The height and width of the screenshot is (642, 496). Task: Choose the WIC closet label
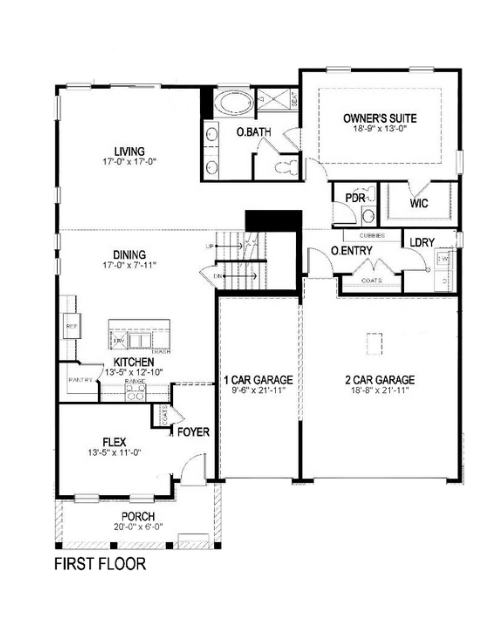pyautogui.click(x=419, y=203)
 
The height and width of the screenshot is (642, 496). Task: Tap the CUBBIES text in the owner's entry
pyautogui.click(x=372, y=235)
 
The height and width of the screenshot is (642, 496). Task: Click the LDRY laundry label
pyautogui.click(x=422, y=243)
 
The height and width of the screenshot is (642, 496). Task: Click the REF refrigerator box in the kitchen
pyautogui.click(x=72, y=326)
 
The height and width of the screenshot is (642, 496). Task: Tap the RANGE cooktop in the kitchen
pyautogui.click(x=135, y=392)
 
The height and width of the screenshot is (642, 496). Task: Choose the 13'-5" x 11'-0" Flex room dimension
pyautogui.click(x=115, y=453)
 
